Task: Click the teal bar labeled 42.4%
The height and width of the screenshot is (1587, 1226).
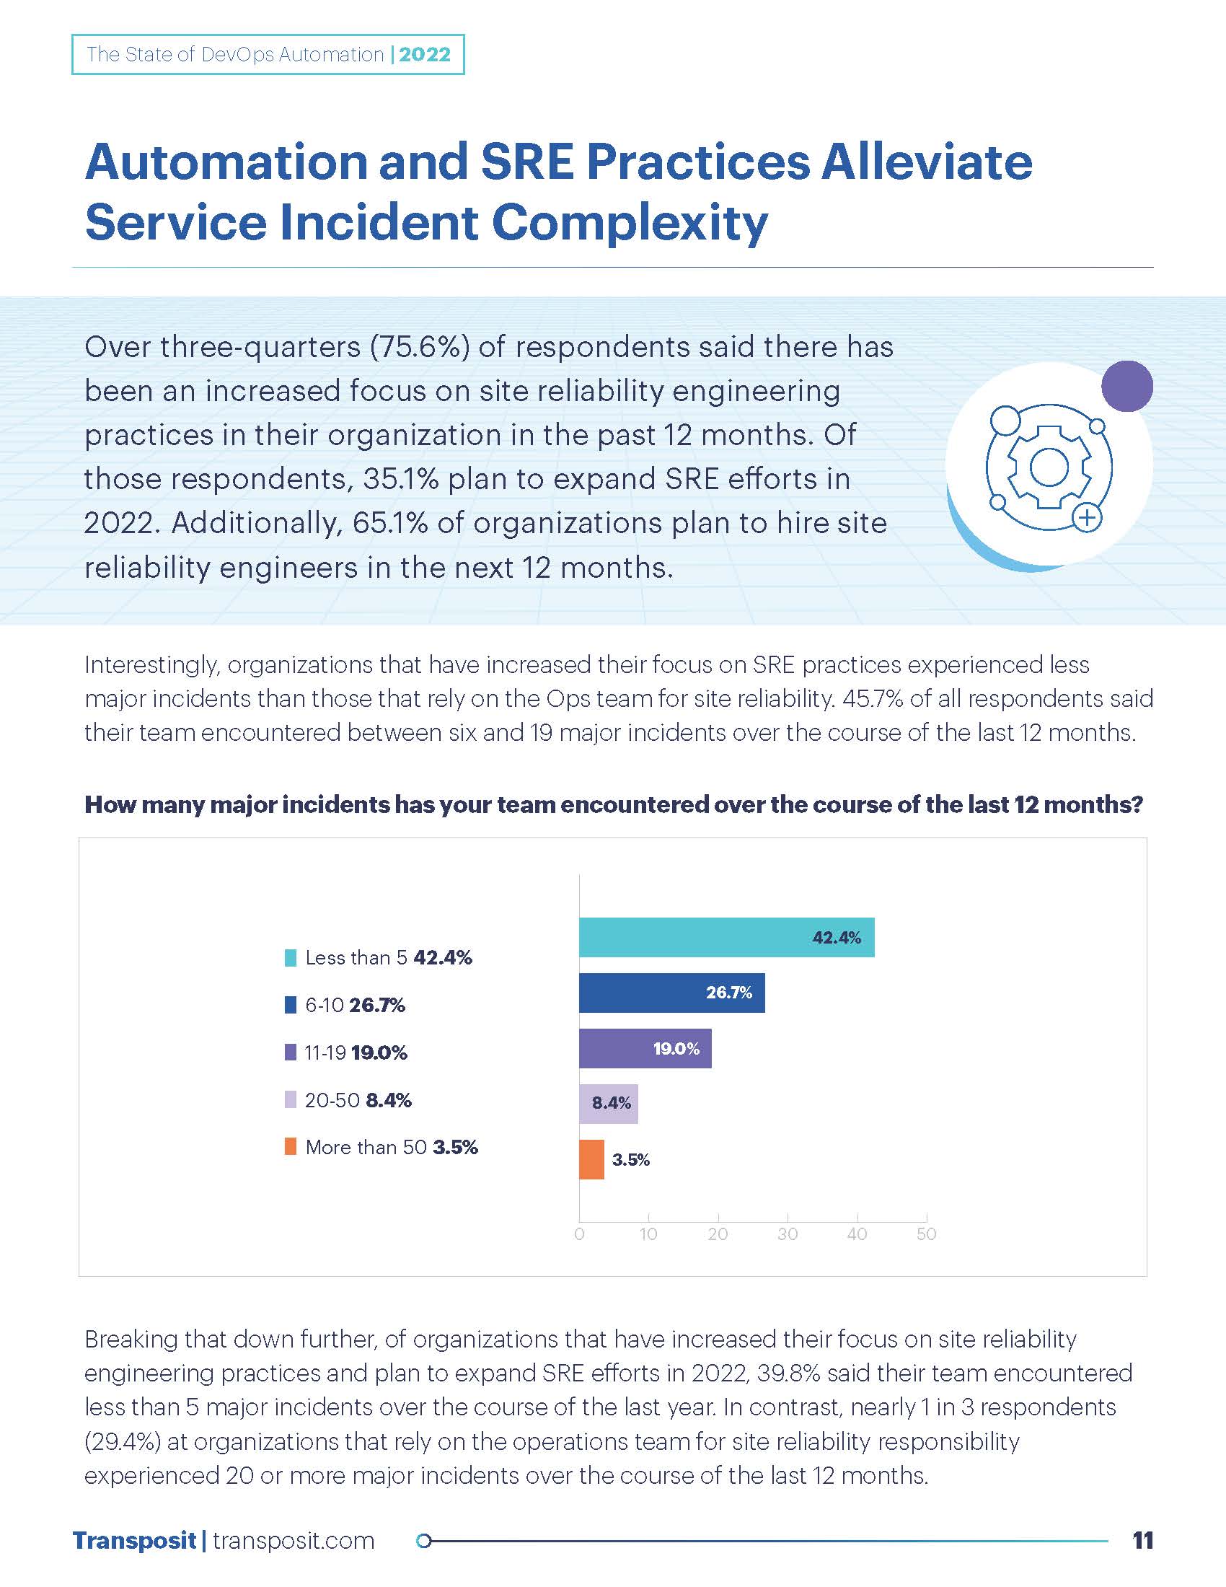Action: pos(726,937)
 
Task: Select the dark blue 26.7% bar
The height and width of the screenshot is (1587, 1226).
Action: pos(671,993)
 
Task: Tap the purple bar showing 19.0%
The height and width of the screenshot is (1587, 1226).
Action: pos(644,1048)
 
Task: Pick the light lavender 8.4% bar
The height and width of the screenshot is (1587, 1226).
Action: pos(608,1104)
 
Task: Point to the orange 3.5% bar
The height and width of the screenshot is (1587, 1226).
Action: pos(591,1159)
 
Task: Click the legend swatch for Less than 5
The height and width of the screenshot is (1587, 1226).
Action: pos(291,958)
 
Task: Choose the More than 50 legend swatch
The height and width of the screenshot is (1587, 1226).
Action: pos(291,1147)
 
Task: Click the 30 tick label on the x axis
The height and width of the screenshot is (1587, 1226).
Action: pos(788,1234)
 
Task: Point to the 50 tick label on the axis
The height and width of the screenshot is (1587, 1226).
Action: pos(926,1234)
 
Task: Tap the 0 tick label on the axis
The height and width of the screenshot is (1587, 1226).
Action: pos(579,1234)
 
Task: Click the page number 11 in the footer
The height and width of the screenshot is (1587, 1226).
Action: pos(1142,1541)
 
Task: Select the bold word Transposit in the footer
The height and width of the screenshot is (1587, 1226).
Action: pos(134,1541)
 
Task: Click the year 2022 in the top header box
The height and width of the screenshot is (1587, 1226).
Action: pos(425,55)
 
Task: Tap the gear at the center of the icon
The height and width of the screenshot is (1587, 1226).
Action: pos(1049,467)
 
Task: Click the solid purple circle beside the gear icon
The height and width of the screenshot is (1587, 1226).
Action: pos(1126,386)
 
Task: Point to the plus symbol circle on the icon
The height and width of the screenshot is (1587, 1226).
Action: pos(1088,518)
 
